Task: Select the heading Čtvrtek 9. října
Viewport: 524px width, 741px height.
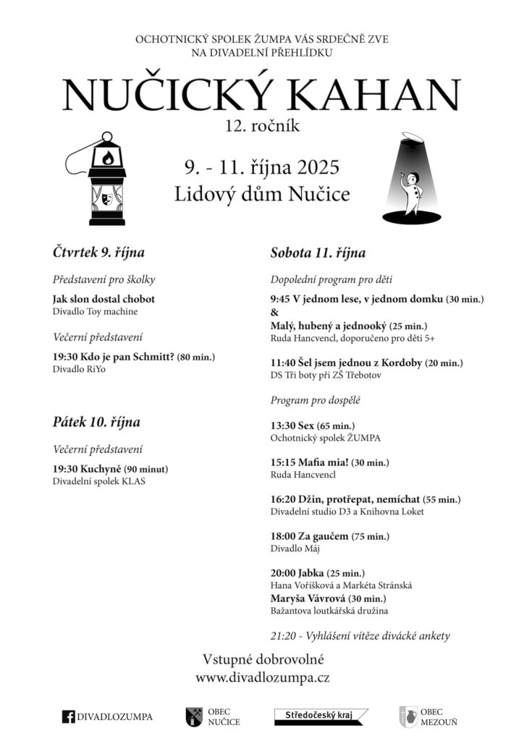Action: (x=98, y=253)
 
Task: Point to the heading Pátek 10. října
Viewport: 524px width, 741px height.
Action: (x=96, y=422)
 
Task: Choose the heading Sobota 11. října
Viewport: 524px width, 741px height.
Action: (x=318, y=253)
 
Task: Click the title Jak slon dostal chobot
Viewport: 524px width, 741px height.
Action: (x=103, y=299)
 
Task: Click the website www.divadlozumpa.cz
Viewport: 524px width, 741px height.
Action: (x=263, y=679)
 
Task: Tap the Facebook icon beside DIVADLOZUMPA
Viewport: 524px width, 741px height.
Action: (x=69, y=717)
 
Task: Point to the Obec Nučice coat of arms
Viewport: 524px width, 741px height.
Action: (x=194, y=716)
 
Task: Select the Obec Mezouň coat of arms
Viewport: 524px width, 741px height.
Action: (x=407, y=716)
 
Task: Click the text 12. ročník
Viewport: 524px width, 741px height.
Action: (x=262, y=126)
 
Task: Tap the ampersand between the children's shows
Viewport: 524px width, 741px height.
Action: (x=274, y=313)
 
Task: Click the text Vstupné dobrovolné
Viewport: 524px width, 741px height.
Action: (x=263, y=659)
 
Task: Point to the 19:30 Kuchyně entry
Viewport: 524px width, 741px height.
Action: (x=86, y=469)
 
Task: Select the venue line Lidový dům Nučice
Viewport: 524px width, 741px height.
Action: (x=262, y=194)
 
